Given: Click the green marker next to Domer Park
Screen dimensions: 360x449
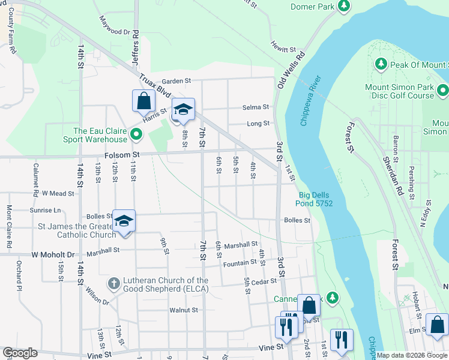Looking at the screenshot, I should pyautogui.click(x=343, y=7).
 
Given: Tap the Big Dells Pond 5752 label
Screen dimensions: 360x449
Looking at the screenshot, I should pyautogui.click(x=316, y=199).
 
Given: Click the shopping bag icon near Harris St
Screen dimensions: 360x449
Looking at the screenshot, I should pyautogui.click(x=143, y=101).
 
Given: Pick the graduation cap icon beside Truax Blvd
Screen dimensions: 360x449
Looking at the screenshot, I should pyautogui.click(x=183, y=110).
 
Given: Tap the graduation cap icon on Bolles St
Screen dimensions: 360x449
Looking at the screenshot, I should pyautogui.click(x=124, y=221).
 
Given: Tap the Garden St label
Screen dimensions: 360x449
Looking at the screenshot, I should pyautogui.click(x=176, y=80).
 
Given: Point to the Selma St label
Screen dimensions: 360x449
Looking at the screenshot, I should pyautogui.click(x=256, y=107).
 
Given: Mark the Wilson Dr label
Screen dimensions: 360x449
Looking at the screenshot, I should pyautogui.click(x=97, y=295).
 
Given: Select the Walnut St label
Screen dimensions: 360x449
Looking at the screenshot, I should pyautogui.click(x=183, y=310).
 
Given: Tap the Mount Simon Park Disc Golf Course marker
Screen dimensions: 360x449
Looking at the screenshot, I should pyautogui.click(x=443, y=91).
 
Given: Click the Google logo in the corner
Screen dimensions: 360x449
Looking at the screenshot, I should pyautogui.click(x=20, y=353).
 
